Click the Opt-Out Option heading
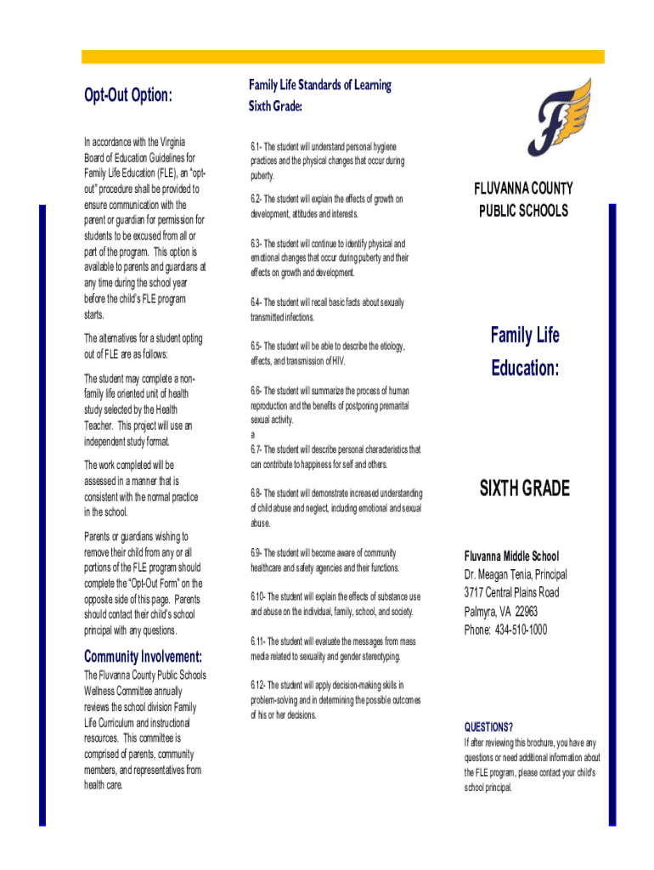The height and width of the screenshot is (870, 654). point(127,95)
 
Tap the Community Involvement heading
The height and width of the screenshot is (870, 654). point(143,657)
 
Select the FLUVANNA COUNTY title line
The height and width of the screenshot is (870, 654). point(524,189)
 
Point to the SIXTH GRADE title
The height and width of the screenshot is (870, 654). point(524,489)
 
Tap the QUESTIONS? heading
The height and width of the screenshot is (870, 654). point(488,726)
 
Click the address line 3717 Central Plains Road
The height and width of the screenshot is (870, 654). point(511,592)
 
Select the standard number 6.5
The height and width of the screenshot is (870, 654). point(256,347)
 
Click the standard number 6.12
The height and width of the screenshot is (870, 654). point(258,685)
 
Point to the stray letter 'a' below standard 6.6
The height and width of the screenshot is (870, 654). point(252,434)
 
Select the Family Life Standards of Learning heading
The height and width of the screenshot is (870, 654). point(319,85)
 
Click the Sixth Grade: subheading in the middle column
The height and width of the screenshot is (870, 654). point(275,106)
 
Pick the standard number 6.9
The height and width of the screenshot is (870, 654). point(256,553)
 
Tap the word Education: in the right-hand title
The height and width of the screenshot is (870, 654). point(525,370)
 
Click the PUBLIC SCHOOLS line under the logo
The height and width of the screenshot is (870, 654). point(524,210)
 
